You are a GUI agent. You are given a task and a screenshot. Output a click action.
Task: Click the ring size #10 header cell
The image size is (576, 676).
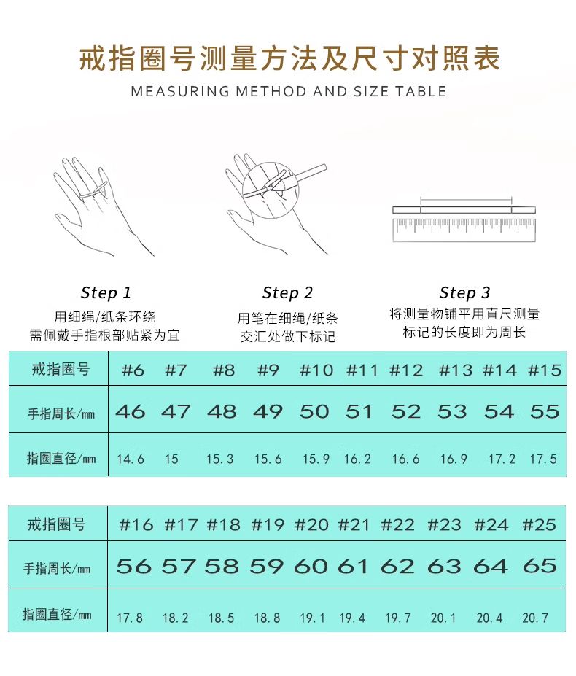pos(316,370)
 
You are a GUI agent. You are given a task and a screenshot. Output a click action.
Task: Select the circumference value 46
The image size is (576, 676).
pos(131,411)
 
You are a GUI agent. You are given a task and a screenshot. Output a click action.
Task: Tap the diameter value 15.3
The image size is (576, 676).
pos(220,459)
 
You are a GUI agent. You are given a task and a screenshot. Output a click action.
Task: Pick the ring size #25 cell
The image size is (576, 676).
pos(540,524)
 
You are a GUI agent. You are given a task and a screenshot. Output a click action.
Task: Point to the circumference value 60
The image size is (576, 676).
pos(311,566)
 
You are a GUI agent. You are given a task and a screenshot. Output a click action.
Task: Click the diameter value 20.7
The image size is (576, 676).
pos(535,618)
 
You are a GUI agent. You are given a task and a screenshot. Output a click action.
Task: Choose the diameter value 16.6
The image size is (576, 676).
pos(405,459)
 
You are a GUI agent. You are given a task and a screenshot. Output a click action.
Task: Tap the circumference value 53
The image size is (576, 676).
pos(452,411)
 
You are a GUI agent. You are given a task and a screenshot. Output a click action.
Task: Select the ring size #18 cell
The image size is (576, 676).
pos(223,524)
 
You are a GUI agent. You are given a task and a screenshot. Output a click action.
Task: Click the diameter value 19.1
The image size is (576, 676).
pos(313,618)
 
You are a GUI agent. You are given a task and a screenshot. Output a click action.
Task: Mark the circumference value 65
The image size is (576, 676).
pos(540,566)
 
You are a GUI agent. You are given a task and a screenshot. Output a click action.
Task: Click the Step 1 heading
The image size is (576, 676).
pos(106,292)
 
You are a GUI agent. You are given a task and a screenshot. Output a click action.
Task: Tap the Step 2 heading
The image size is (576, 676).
pos(287,292)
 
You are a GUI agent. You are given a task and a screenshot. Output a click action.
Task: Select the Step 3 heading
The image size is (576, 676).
pos(464,292)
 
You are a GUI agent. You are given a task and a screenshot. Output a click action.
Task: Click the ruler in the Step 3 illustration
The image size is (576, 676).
pos(464,230)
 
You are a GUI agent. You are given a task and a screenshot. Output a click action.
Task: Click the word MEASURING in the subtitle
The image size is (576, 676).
pos(180,91)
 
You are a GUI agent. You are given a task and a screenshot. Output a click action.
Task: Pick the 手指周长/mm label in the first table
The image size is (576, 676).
pos(61,414)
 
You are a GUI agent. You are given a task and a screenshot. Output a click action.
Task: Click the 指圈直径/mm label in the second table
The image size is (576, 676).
pos(57,614)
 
